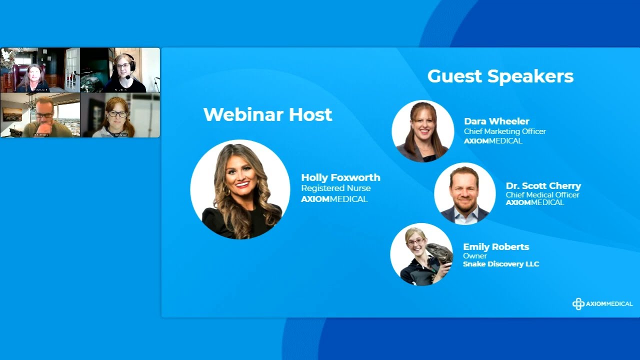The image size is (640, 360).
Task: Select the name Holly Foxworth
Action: (x=340, y=177)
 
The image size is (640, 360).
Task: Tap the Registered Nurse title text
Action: (x=335, y=188)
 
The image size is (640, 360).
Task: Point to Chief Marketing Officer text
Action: (x=504, y=131)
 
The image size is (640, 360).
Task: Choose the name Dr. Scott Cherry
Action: (x=543, y=186)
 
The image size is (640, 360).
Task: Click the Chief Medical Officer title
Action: (x=542, y=195)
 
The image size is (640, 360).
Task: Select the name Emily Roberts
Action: (x=496, y=247)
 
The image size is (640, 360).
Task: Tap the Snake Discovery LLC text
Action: (x=501, y=264)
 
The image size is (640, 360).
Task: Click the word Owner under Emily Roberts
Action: (x=475, y=256)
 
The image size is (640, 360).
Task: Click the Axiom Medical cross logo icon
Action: (x=578, y=304)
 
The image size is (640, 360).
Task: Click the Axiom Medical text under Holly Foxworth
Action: (x=334, y=199)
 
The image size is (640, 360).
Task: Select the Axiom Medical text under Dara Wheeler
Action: (x=493, y=141)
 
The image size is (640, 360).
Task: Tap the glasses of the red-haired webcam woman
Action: (x=117, y=114)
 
